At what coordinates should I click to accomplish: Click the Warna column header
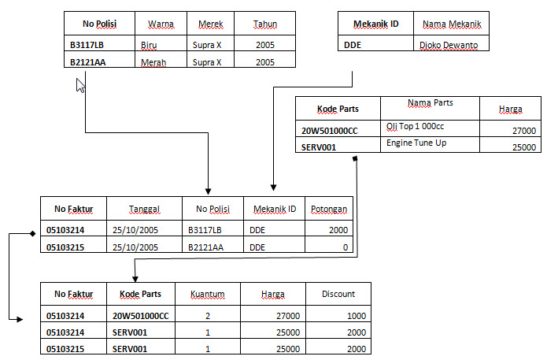pos(161,24)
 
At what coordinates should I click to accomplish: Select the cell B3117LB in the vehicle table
pos(87,44)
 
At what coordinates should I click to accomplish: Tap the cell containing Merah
pos(154,62)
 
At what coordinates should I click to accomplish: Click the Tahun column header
pos(265,24)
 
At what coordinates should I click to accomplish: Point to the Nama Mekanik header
pos(452,24)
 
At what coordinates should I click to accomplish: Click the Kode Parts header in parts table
pos(338,109)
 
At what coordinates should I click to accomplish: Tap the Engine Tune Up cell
pos(416,143)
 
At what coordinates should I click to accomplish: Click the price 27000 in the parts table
pos(523,131)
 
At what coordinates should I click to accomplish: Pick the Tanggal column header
pos(144,209)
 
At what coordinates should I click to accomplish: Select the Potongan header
pos(328,209)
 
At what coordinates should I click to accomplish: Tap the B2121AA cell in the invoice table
pos(205,247)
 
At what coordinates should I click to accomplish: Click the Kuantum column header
pos(208,294)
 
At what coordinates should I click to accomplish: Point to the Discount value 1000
pos(356,315)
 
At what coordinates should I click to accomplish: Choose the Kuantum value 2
pos(208,315)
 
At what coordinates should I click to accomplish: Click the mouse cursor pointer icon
pos(79,85)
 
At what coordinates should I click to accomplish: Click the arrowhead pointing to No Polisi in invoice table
pos(208,191)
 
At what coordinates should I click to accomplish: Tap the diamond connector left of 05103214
pos(32,234)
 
